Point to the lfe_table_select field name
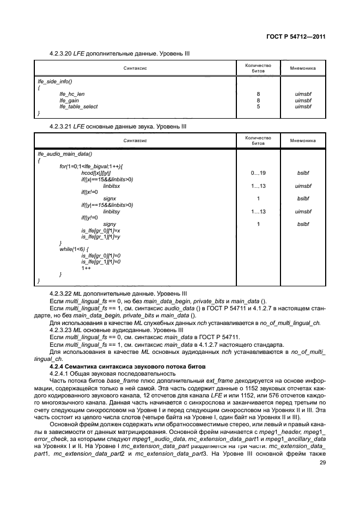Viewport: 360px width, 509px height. (79, 106)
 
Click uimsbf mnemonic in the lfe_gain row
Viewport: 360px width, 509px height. (303, 100)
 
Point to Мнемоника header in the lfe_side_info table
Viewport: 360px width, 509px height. (303, 68)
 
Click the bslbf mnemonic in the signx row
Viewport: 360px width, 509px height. (303, 198)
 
